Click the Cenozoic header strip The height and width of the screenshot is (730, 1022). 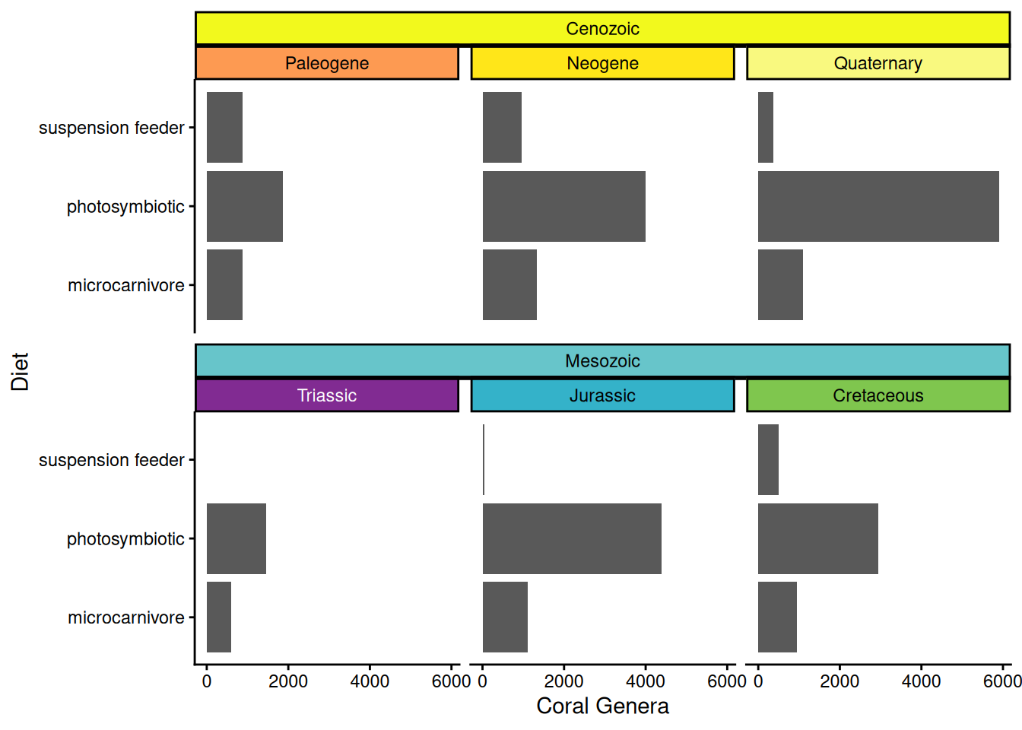[602, 29]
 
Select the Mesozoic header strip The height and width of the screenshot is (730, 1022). [602, 360]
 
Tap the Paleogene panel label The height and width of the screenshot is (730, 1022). [327, 63]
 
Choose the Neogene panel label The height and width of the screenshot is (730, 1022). [602, 63]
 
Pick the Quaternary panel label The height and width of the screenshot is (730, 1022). [878, 63]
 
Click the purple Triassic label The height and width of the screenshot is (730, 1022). [327, 395]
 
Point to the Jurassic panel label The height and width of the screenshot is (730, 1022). [602, 395]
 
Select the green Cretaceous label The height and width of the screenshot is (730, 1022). [878, 395]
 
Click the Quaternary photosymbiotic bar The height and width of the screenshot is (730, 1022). [878, 206]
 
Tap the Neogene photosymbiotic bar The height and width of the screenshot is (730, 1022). [563, 206]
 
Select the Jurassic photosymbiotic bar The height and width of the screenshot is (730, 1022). [572, 538]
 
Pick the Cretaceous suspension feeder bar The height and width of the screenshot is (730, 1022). [768, 459]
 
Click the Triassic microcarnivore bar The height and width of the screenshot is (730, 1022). [219, 617]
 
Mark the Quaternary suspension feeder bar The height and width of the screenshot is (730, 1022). [766, 127]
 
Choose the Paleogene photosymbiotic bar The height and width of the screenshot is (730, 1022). [245, 206]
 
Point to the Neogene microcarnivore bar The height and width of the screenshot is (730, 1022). [509, 284]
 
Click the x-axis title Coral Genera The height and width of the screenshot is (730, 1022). [602, 706]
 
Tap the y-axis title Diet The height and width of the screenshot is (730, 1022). [20, 371]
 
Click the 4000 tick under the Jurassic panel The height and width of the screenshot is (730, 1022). [645, 681]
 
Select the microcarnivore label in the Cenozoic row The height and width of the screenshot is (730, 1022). [126, 285]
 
